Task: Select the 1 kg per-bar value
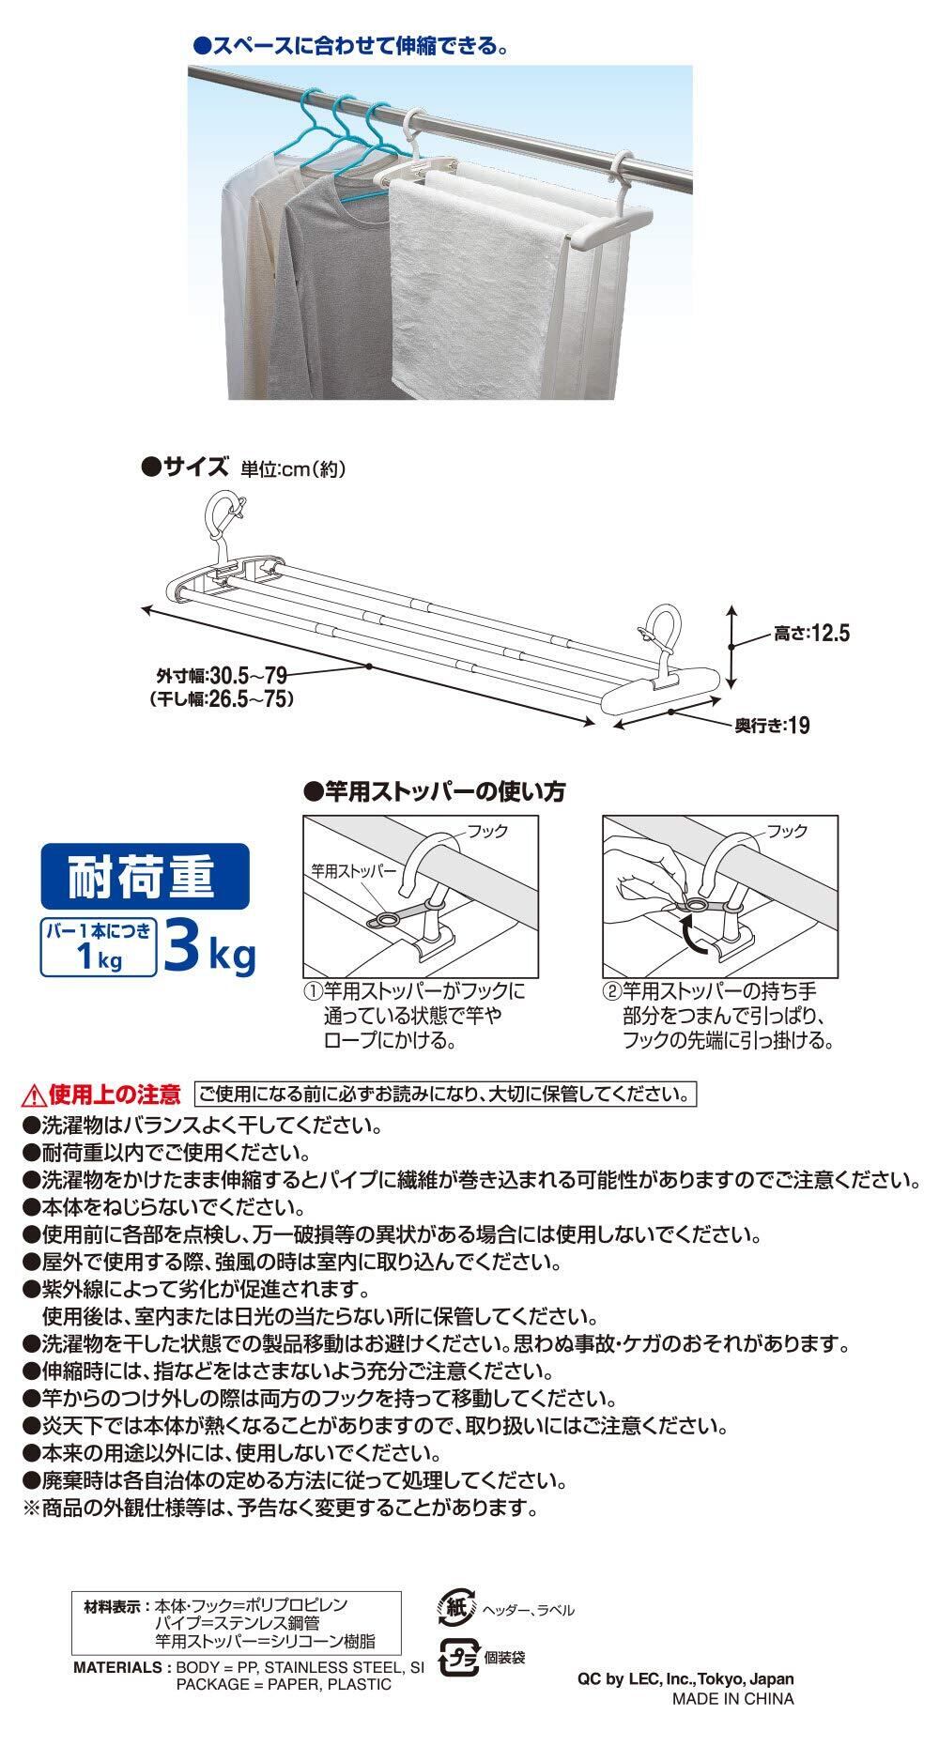click(99, 961)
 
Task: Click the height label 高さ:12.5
click(811, 635)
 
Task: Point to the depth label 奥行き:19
click(772, 725)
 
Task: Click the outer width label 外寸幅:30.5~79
click(222, 675)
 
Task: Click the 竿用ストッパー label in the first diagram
click(355, 869)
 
